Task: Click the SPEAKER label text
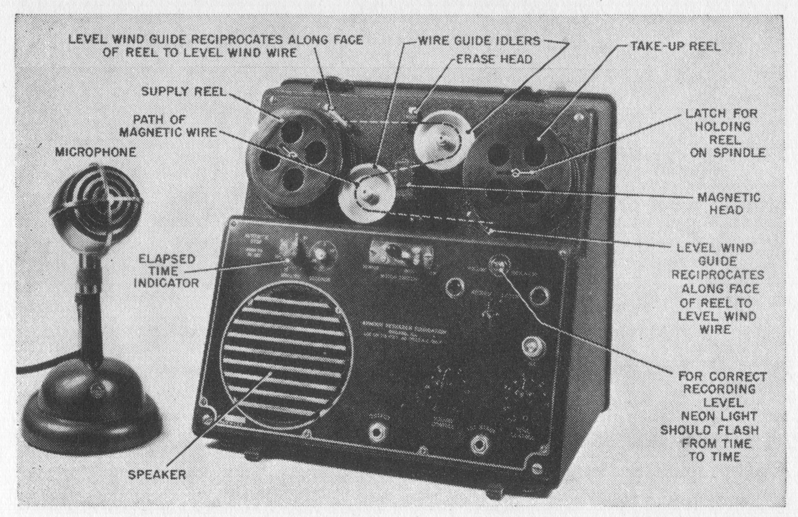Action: pyautogui.click(x=157, y=475)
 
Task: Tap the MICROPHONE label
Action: pyautogui.click(x=95, y=152)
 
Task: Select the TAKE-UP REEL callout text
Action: pyautogui.click(x=675, y=46)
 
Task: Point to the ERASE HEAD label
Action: pyautogui.click(x=494, y=59)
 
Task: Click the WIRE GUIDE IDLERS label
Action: pyautogui.click(x=479, y=41)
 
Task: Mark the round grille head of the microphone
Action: pyautogui.click(x=96, y=205)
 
